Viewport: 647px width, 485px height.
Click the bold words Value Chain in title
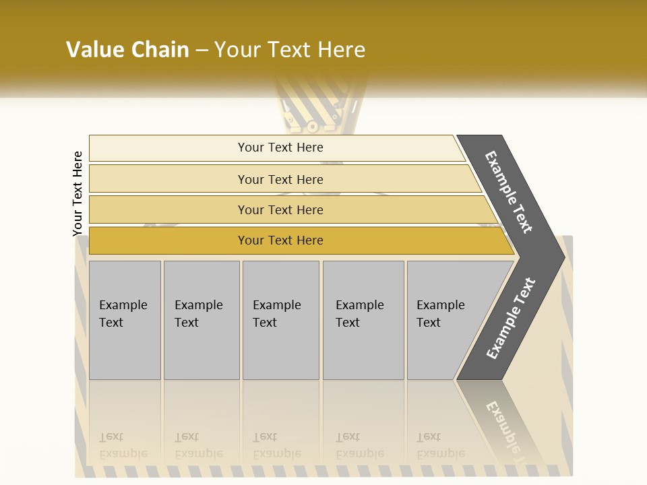(127, 50)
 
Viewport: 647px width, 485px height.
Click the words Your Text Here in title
(290, 50)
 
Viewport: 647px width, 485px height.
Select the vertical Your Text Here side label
(78, 193)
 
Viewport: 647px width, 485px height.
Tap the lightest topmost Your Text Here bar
(280, 148)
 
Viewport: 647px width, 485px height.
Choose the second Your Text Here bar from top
(280, 179)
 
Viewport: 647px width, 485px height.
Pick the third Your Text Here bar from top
(280, 209)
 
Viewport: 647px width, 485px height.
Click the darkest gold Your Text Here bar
(280, 240)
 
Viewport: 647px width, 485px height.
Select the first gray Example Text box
(125, 320)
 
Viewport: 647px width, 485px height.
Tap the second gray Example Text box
(201, 320)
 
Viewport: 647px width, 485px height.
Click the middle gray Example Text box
(280, 320)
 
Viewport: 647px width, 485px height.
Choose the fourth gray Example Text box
(363, 320)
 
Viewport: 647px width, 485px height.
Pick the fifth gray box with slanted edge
(445, 320)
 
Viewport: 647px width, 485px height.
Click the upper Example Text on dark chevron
(510, 192)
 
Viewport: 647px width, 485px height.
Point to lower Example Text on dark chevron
(511, 318)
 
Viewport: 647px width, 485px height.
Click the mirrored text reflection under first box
(123, 445)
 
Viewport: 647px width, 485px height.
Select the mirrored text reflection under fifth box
(441, 445)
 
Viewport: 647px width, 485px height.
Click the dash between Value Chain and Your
(202, 51)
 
